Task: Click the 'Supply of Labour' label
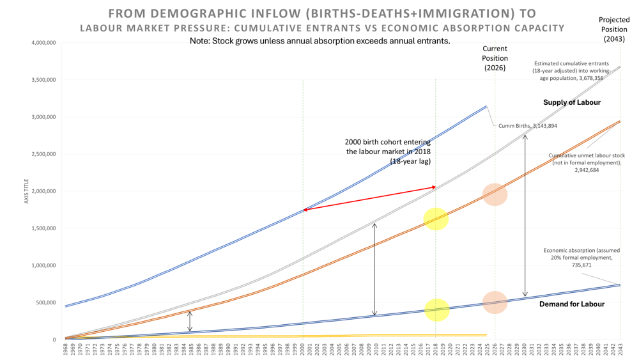click(x=571, y=102)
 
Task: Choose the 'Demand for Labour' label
click(x=571, y=304)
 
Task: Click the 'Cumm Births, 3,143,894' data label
click(x=527, y=126)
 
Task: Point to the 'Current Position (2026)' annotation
click(x=495, y=58)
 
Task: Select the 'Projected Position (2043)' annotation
click(x=613, y=29)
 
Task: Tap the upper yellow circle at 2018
click(x=436, y=219)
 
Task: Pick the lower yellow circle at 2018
click(x=436, y=310)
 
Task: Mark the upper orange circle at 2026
click(x=495, y=194)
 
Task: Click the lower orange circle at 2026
click(x=495, y=302)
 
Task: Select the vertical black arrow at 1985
click(x=190, y=321)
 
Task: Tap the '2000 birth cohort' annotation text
click(x=387, y=152)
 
